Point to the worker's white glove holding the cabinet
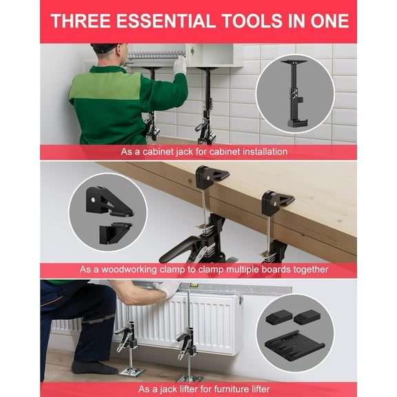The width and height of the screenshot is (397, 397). [x=180, y=65]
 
